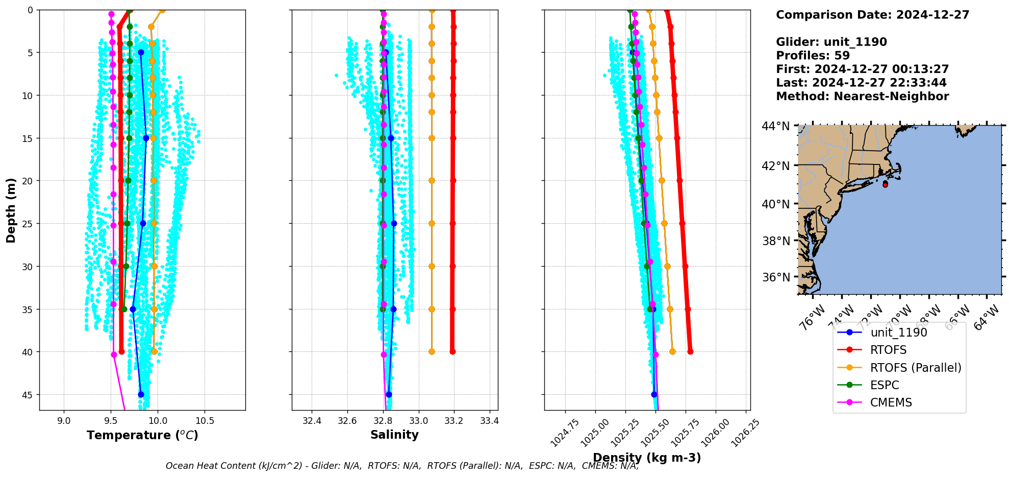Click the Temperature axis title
142,435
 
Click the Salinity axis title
394,435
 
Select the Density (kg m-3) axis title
647,458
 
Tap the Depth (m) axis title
11,210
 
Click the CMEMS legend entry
891,402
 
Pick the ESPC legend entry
885,385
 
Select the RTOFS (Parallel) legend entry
916,368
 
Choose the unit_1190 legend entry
898,332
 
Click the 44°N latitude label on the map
775,126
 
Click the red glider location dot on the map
885,184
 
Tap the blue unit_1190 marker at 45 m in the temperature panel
141,394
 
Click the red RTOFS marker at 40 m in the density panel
690,351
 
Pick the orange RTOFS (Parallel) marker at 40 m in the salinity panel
432,351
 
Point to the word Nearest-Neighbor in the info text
891,97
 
